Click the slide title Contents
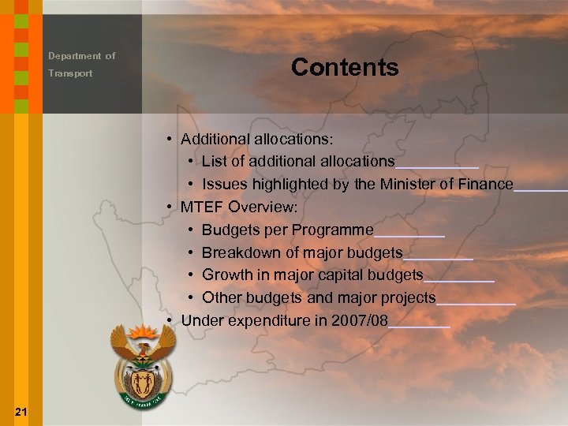pyautogui.click(x=345, y=67)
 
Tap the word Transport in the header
pyautogui.click(x=70, y=73)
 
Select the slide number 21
pyautogui.click(x=21, y=412)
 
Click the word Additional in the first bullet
pyautogui.click(x=212, y=139)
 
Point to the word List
pyautogui.click(x=214, y=161)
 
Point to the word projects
pyautogui.click(x=409, y=297)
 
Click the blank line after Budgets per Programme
pyautogui.click(x=409, y=234)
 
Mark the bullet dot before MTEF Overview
pyautogui.click(x=170, y=207)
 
